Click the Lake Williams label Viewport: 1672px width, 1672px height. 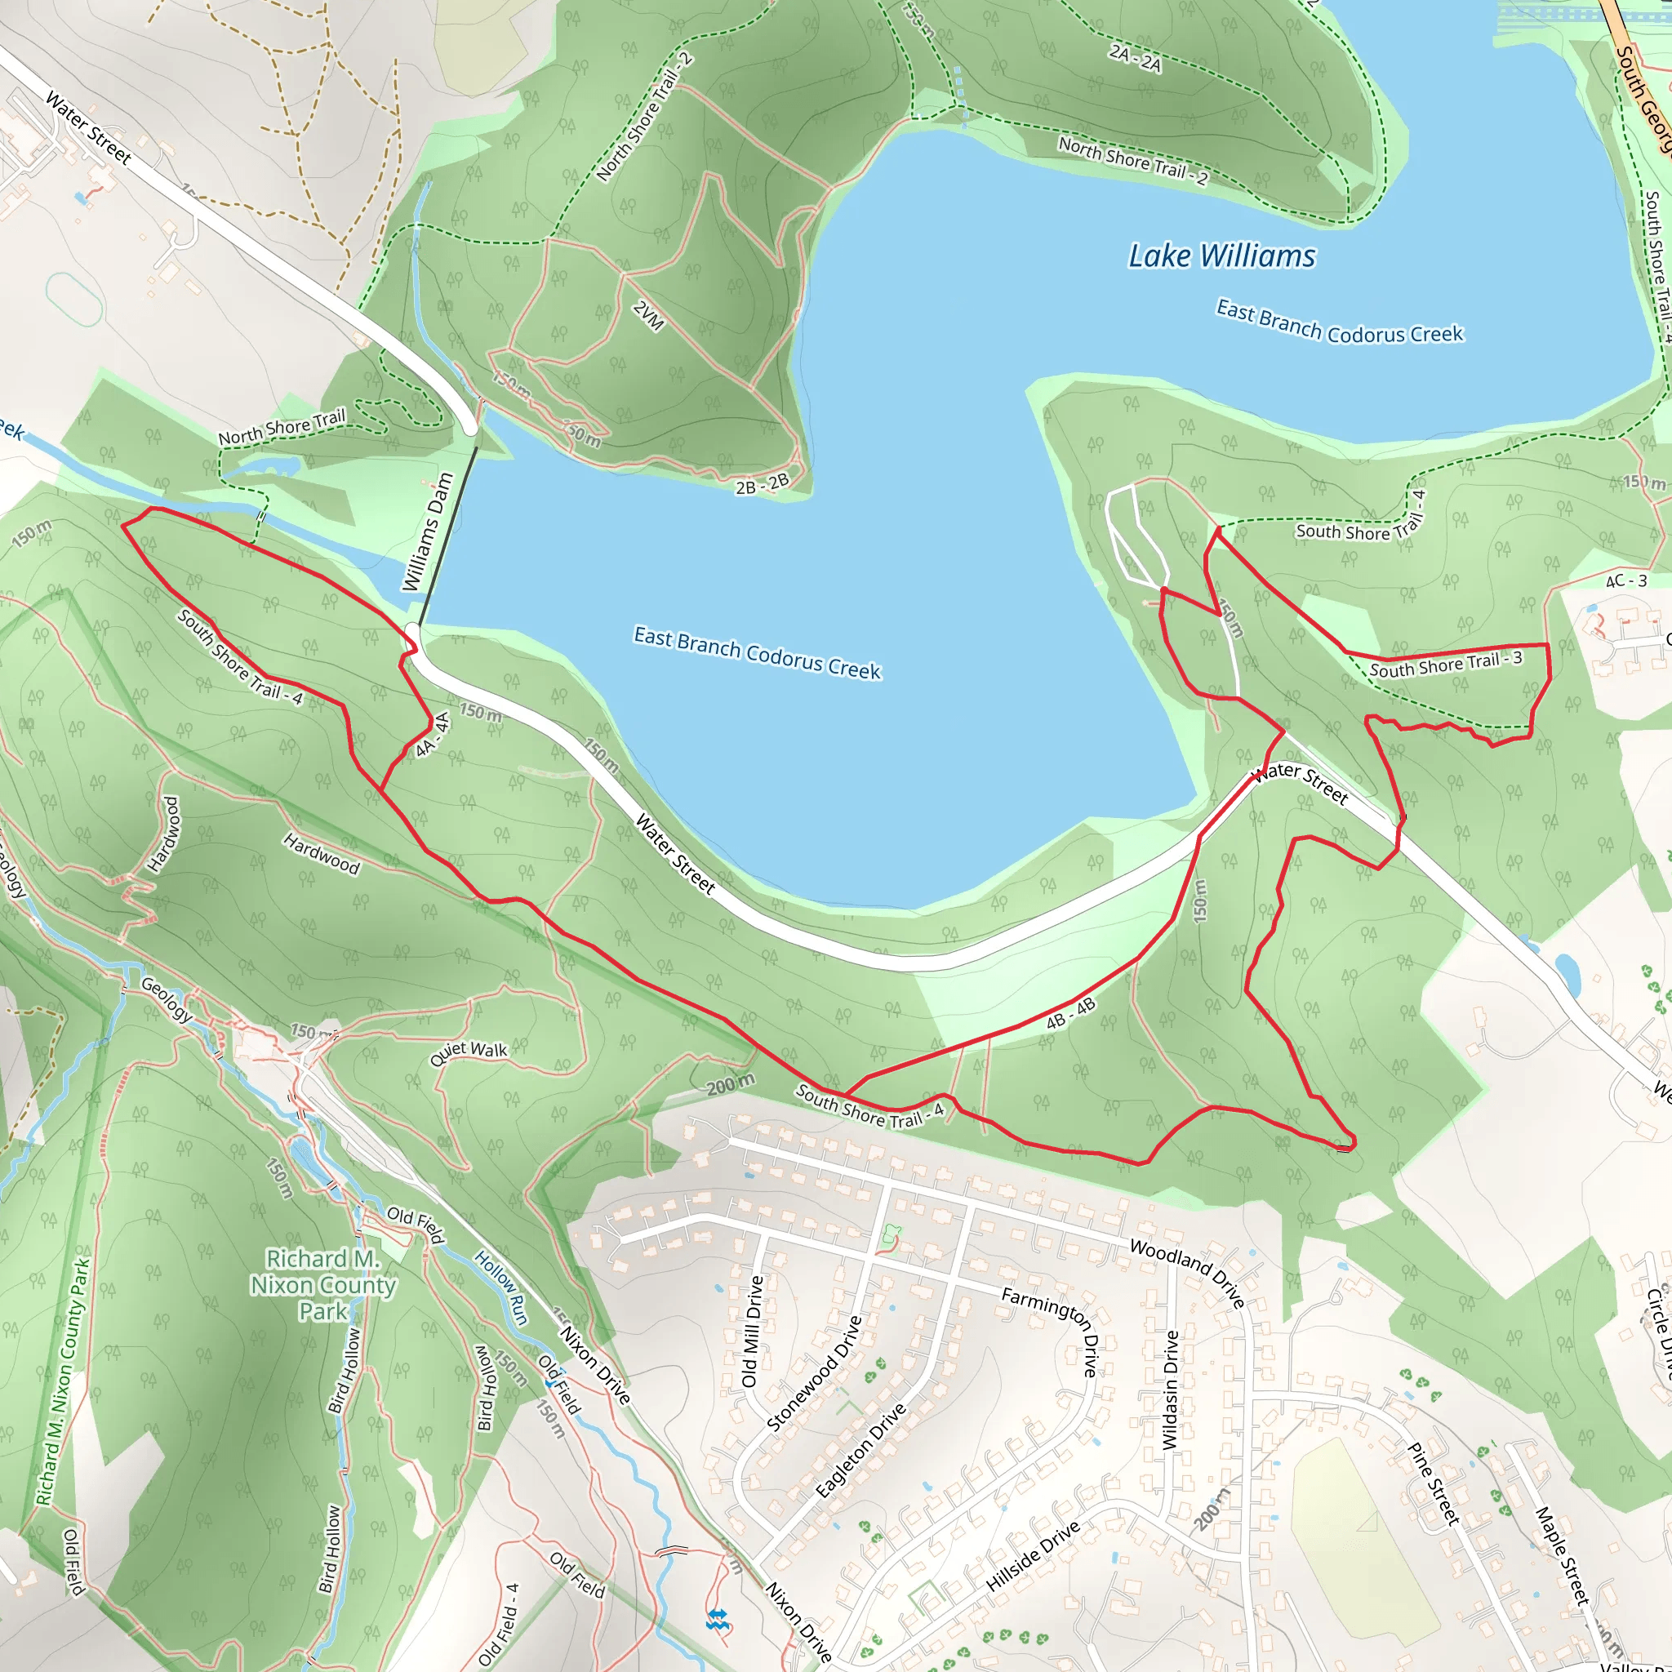(x=1221, y=256)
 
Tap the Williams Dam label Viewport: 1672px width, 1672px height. (x=429, y=531)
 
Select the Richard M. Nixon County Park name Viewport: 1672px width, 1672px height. (x=322, y=1284)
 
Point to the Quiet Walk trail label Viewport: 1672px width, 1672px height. (x=468, y=1052)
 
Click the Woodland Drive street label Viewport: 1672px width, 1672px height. (x=1187, y=1273)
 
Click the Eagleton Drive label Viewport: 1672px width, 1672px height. (x=860, y=1451)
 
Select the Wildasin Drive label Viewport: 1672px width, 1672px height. (x=1170, y=1389)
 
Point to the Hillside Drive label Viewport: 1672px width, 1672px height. (x=1034, y=1556)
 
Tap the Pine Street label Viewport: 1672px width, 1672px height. (x=1433, y=1483)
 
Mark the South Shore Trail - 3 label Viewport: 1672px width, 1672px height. (x=1445, y=665)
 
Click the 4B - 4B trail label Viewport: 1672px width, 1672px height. (x=1070, y=1013)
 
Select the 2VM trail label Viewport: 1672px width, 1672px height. (x=648, y=316)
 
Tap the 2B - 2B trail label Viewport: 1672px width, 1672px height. (x=762, y=485)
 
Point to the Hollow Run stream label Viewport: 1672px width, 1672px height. (x=501, y=1287)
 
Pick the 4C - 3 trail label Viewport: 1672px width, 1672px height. (x=1626, y=581)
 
